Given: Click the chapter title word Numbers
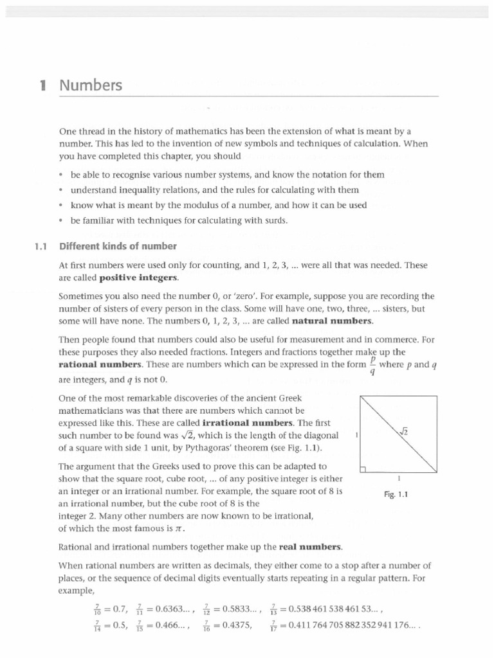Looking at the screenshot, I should [x=91, y=85].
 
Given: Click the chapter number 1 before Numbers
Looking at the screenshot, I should [x=42, y=85].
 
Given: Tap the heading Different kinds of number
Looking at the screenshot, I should [x=118, y=245].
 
